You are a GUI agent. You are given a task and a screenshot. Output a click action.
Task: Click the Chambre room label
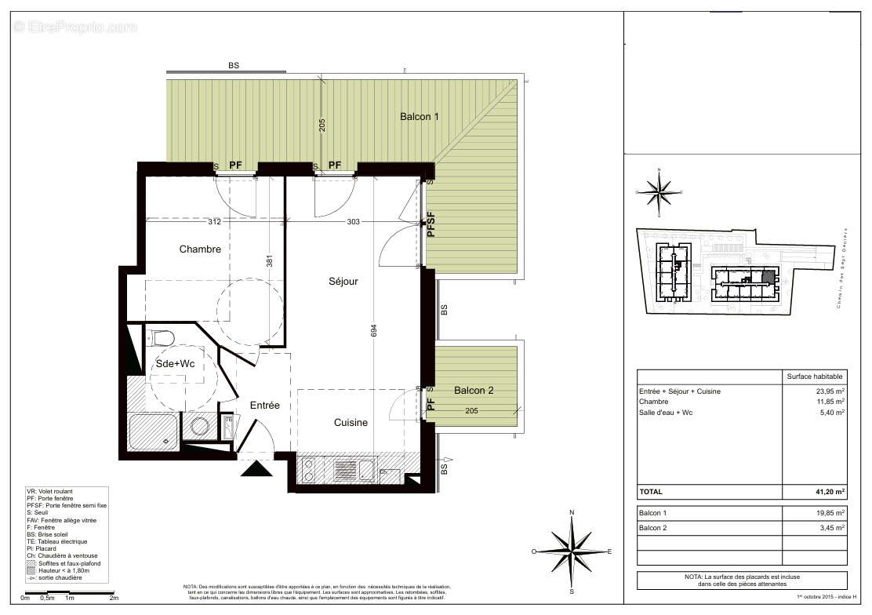tap(200, 249)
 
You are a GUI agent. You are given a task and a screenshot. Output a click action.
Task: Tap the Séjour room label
tap(343, 281)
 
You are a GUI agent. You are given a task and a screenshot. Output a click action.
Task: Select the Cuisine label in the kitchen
tap(351, 423)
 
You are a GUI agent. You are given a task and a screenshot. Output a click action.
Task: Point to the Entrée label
tap(265, 406)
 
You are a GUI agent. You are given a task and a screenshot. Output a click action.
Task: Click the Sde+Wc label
tap(174, 364)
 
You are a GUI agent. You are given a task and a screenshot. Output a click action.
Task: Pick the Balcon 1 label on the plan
tap(420, 116)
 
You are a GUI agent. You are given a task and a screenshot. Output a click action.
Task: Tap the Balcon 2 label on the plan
tap(474, 390)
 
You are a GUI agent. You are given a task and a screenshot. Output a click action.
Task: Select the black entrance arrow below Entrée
tap(256, 469)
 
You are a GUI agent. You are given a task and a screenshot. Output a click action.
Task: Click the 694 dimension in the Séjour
tap(374, 333)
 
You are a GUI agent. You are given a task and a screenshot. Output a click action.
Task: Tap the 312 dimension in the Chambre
tap(214, 222)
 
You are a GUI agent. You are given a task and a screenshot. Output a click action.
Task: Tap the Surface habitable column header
tap(815, 377)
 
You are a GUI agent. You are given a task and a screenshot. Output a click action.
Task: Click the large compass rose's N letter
tap(572, 512)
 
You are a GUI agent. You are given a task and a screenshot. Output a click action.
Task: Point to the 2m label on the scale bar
tap(114, 598)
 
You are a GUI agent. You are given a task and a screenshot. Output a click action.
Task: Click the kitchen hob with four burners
tap(310, 470)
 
